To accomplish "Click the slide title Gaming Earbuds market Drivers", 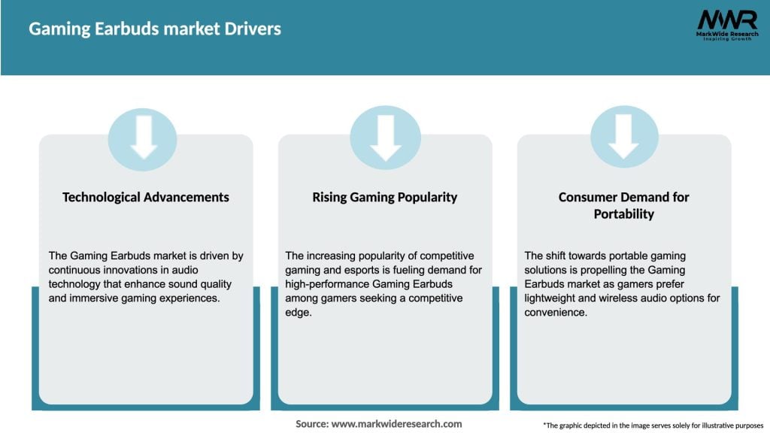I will [155, 29].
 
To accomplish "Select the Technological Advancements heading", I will [146, 197].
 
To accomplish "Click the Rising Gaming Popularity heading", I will [385, 197].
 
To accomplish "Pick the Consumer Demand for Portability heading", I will [623, 205].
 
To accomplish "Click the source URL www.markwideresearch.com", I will [396, 424].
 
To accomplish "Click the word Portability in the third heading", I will [623, 214].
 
